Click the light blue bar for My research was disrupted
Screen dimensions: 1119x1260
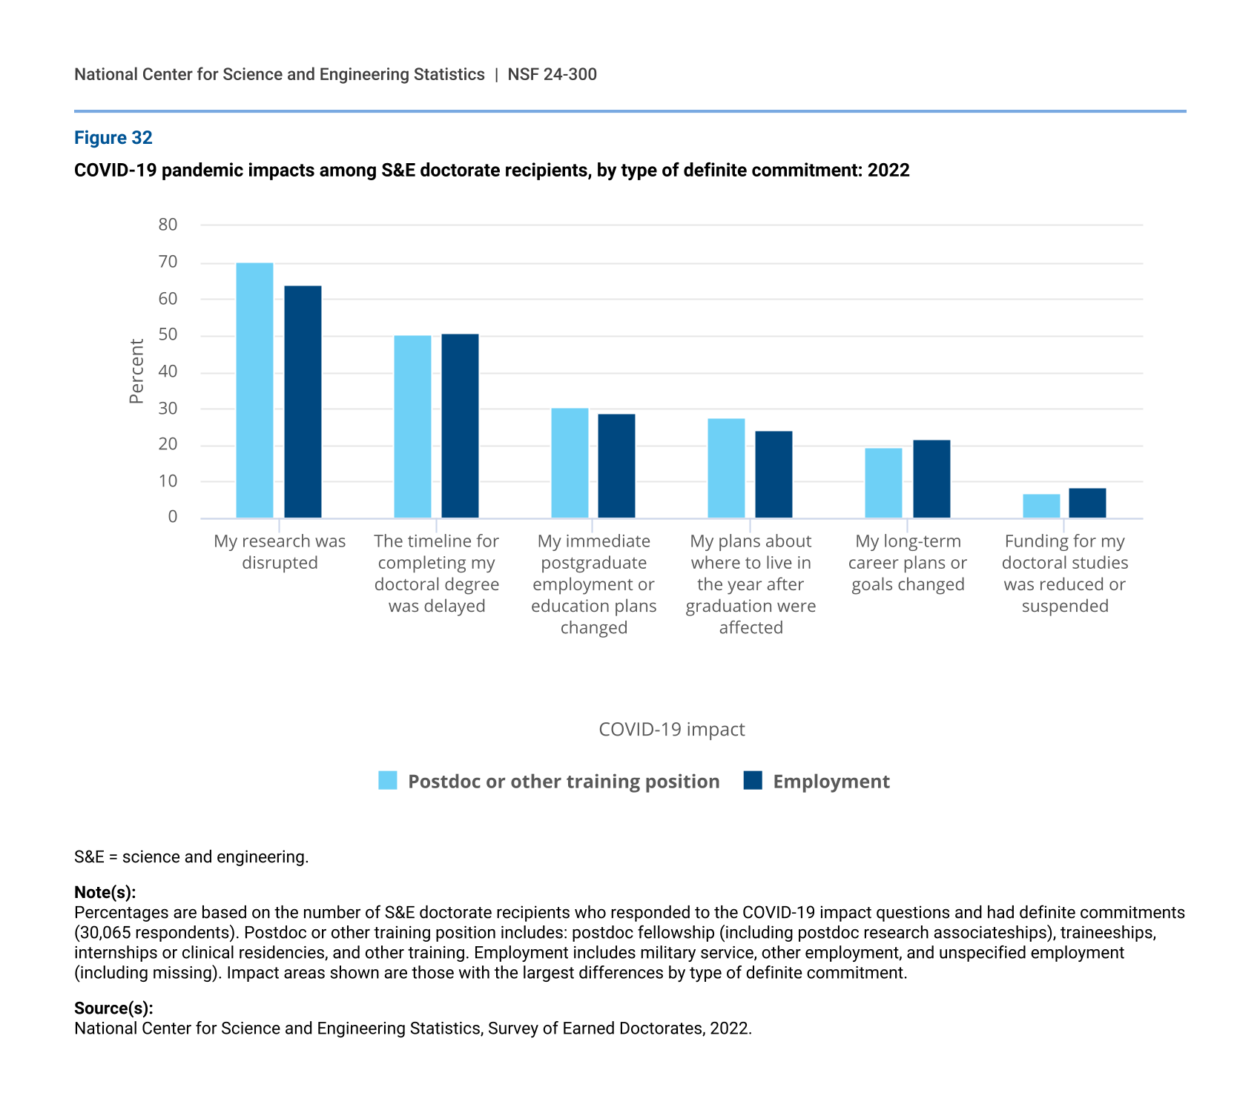[254, 390]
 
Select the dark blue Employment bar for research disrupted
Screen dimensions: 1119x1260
[303, 401]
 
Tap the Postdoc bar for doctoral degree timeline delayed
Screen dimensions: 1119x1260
[412, 426]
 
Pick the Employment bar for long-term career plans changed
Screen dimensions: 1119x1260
[931, 479]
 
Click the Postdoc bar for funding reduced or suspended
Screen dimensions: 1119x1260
[1041, 506]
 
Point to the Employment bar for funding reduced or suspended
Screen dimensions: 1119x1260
[1087, 503]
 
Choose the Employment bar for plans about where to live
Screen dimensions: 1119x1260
[774, 475]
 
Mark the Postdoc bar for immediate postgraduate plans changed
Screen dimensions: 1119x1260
[570, 463]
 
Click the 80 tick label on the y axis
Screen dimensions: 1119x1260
[168, 225]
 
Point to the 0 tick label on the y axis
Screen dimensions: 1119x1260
[173, 517]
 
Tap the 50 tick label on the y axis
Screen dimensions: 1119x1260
[168, 334]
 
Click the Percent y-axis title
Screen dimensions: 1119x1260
[136, 371]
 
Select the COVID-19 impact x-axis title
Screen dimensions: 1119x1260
[671, 730]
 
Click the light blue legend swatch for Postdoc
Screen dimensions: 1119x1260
[388, 781]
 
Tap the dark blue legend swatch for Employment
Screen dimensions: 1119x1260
[753, 781]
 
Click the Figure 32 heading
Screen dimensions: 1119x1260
[113, 138]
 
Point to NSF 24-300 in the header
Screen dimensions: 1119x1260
[552, 75]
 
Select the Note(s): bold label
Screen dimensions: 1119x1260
[105, 892]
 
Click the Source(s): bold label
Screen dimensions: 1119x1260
[113, 1009]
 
